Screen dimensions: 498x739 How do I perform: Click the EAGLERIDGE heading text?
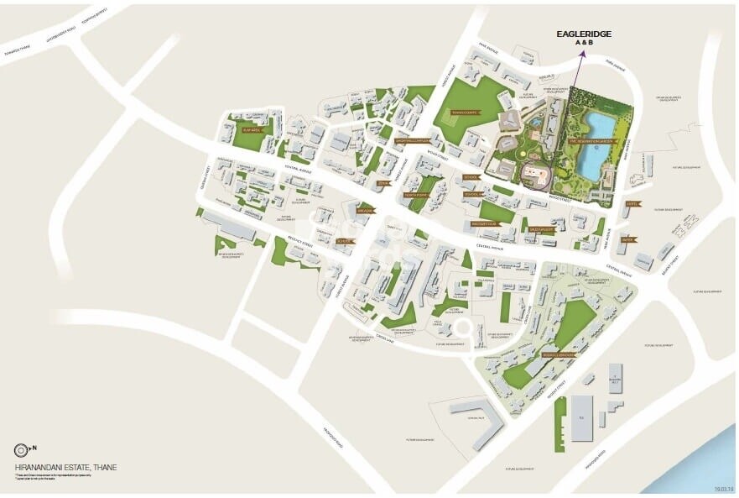point(585,34)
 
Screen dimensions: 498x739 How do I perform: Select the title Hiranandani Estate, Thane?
point(65,467)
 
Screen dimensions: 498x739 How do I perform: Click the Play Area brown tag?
point(252,130)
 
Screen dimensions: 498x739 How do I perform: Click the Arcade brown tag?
point(364,211)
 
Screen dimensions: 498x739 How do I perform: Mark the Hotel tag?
point(632,203)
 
